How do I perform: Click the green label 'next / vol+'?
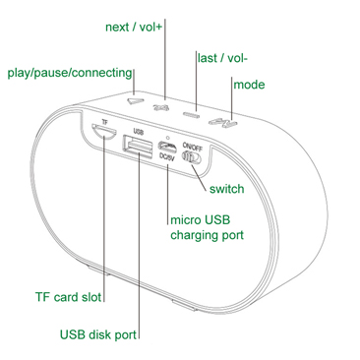point(134,27)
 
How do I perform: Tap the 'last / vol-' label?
point(222,58)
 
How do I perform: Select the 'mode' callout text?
point(249,85)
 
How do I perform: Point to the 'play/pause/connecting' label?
point(70,73)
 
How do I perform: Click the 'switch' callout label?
point(227,189)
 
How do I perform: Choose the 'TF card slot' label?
point(68,297)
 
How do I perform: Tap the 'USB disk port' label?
point(98,334)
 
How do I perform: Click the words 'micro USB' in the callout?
point(201,219)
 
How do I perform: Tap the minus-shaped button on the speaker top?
point(191,114)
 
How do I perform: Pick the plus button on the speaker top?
point(161,107)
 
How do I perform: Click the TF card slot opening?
point(103,132)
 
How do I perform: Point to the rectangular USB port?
point(138,147)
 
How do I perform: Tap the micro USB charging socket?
point(168,146)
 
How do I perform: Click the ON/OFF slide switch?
point(192,157)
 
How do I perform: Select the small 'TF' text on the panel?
point(104,122)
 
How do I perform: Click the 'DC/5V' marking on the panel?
point(166,157)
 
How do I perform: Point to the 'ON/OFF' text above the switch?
point(193,147)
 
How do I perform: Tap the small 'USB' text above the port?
point(139,132)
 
